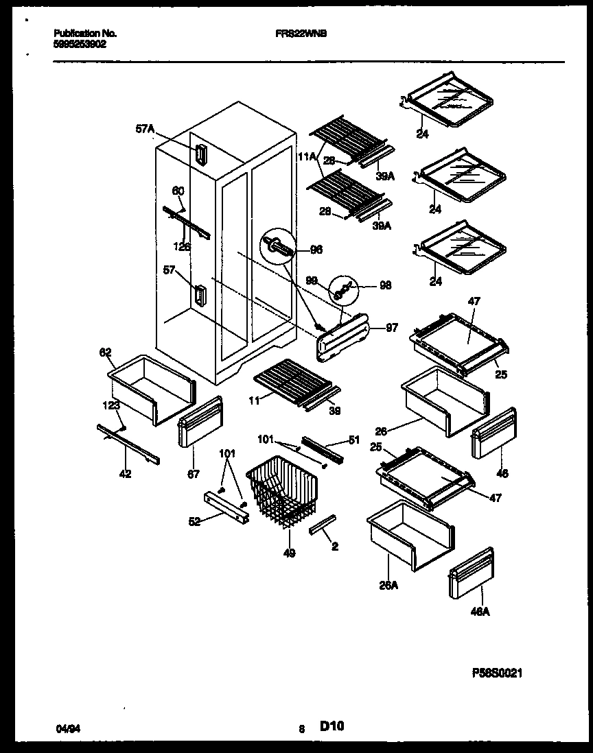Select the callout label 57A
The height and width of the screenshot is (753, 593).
[145, 128]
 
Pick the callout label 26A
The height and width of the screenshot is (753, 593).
[388, 585]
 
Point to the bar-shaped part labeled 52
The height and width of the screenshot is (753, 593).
[225, 505]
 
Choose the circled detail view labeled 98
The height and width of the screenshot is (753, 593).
[345, 289]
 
